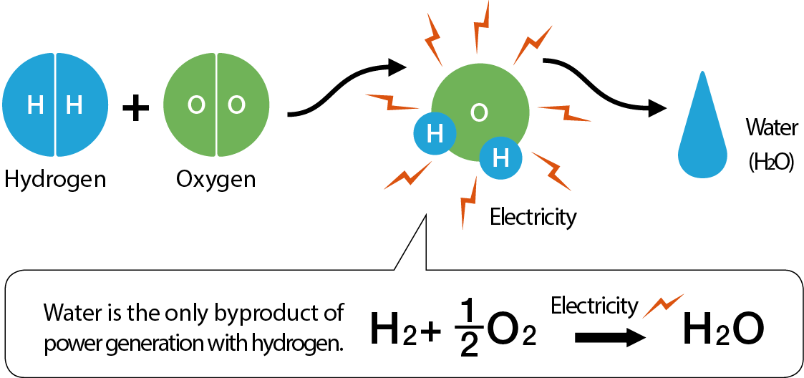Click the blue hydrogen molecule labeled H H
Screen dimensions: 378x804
[55, 105]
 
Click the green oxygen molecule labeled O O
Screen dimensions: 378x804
[216, 105]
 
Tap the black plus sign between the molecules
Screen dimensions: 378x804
[135, 109]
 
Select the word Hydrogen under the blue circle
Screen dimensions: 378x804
[55, 179]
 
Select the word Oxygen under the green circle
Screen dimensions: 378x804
[215, 179]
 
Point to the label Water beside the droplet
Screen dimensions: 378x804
[771, 129]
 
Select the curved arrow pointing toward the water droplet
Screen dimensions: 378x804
[601, 86]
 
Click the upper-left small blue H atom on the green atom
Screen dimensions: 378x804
[434, 134]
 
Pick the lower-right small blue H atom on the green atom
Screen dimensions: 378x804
[500, 157]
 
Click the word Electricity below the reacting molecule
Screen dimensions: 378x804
[533, 217]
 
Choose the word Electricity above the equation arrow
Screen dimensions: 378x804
[594, 306]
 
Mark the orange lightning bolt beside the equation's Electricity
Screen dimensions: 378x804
[662, 305]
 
